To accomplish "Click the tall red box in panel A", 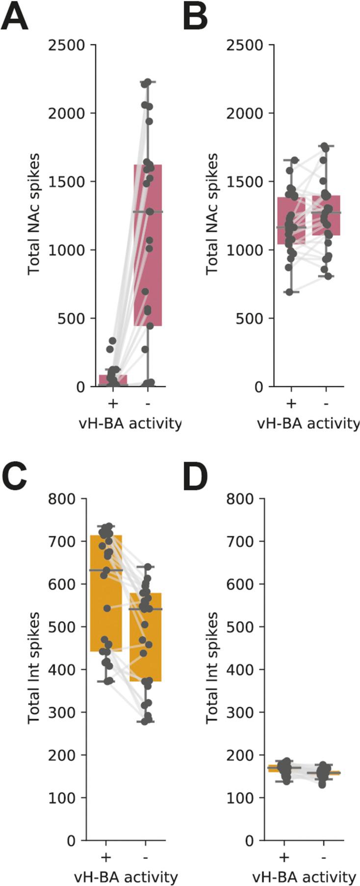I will pyautogui.click(x=148, y=245).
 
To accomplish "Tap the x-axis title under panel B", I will pyautogui.click(x=308, y=423).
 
